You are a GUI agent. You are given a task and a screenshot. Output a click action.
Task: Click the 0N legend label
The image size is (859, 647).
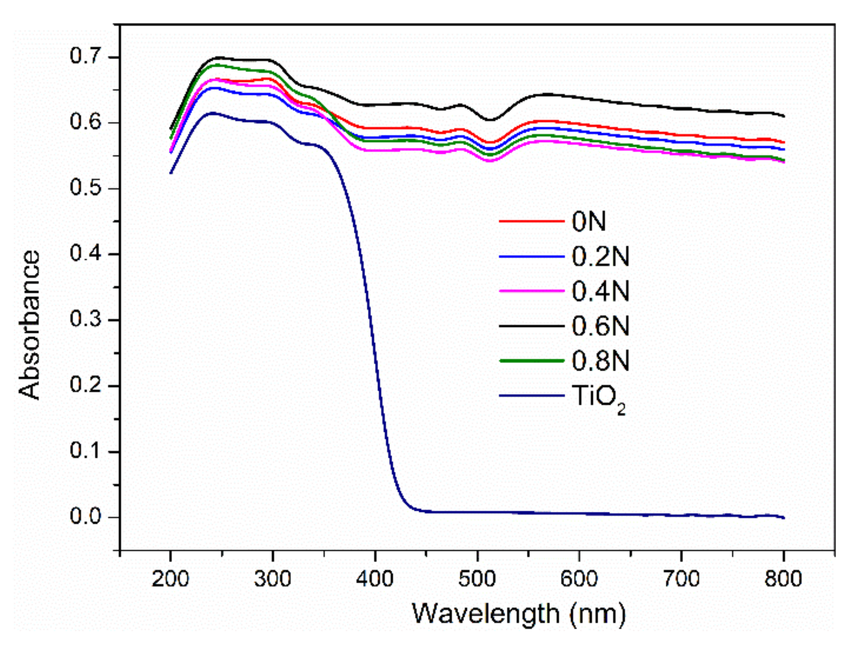[x=588, y=222]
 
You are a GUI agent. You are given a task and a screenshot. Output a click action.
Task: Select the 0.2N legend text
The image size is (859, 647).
[x=600, y=256]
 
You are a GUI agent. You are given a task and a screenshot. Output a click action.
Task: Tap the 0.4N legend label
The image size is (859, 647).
[x=600, y=291]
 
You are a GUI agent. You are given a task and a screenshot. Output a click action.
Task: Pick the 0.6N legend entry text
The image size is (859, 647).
[x=600, y=326]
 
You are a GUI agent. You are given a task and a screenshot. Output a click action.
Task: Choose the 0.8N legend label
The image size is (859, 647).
[x=600, y=361]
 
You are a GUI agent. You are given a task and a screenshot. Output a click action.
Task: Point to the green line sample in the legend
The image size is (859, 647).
[x=531, y=361]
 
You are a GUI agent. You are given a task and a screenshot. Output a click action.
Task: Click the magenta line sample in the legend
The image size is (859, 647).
[x=531, y=291]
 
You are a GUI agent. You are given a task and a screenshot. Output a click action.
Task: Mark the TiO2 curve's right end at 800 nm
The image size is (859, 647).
[x=784, y=518]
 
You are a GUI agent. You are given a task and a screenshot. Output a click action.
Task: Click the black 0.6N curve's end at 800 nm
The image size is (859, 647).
[x=784, y=116]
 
